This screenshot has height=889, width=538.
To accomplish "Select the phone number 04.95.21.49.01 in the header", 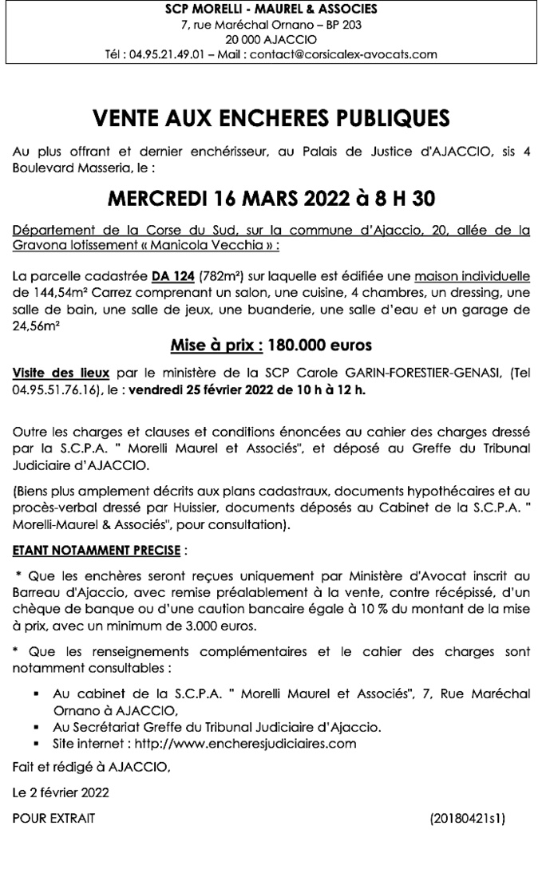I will [x=158, y=54].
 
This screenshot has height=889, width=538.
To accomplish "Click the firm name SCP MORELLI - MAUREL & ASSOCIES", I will [x=269, y=9].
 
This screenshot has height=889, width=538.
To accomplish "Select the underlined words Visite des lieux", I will [x=62, y=372].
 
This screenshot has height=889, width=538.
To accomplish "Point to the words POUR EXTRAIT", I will [x=53, y=818].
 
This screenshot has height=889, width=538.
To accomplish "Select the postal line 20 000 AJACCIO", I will [x=269, y=39].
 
